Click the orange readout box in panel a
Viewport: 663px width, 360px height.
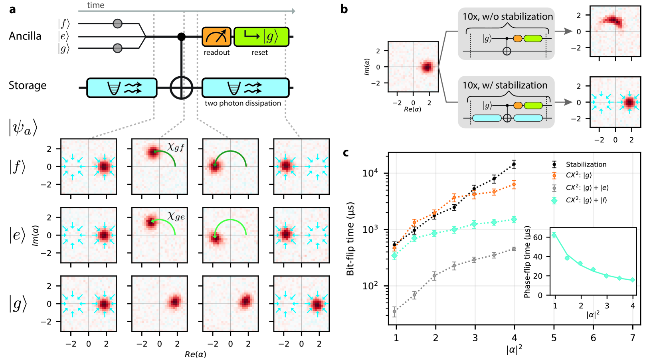pyautogui.click(x=216, y=37)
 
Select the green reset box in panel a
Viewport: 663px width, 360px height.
pyautogui.click(x=261, y=37)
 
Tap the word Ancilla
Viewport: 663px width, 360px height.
pyautogui.click(x=25, y=36)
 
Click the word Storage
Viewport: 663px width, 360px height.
pyautogui.click(x=28, y=85)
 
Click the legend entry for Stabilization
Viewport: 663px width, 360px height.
pyautogui.click(x=586, y=164)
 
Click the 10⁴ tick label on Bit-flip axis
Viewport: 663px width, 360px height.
pyautogui.click(x=370, y=173)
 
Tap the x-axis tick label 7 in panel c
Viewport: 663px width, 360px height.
pyautogui.click(x=632, y=338)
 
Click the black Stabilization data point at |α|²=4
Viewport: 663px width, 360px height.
pyautogui.click(x=514, y=164)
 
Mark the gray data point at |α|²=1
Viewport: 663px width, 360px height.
pyautogui.click(x=395, y=311)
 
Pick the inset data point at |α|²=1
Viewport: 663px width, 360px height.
pyautogui.click(x=554, y=235)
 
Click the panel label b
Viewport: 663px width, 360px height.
pyautogui.click(x=344, y=9)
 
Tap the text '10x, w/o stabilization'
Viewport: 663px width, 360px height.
pyautogui.click(x=507, y=16)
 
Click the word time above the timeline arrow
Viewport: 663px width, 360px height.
pyautogui.click(x=95, y=5)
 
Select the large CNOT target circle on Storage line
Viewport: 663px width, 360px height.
pyautogui.click(x=181, y=87)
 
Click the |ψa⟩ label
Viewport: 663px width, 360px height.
pyautogui.click(x=23, y=128)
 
